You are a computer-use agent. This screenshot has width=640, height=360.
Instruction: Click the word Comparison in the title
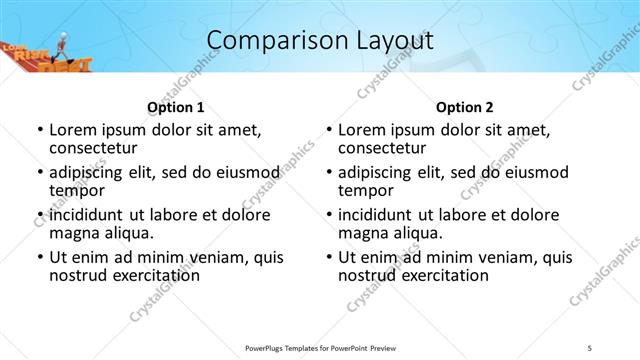(268, 41)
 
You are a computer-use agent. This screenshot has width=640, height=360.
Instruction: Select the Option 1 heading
(176, 107)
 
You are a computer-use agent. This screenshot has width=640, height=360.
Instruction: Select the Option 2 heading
(465, 107)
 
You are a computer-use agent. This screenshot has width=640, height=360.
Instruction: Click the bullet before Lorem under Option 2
(329, 131)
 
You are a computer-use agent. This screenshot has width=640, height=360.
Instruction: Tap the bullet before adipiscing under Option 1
(40, 173)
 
